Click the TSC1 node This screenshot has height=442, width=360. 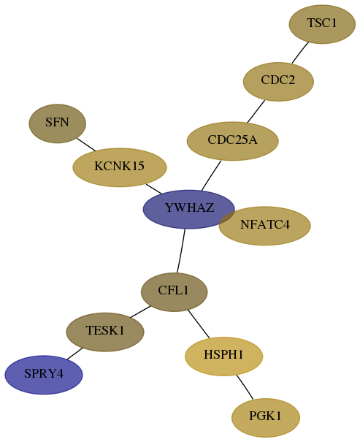tap(322, 24)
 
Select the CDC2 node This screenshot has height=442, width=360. tap(278, 82)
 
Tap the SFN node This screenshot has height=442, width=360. tap(58, 123)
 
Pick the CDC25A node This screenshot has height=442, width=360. tap(233, 141)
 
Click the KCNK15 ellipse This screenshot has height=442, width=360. tap(120, 167)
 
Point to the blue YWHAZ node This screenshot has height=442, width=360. tap(188, 209)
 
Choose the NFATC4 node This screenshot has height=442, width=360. tap(265, 226)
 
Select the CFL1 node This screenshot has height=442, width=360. tap(174, 292)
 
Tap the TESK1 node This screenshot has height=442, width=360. tap(105, 332)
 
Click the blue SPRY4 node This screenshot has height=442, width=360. tap(44, 375)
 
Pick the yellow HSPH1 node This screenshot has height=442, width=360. tap(223, 357)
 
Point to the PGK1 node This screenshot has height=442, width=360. tap(266, 417)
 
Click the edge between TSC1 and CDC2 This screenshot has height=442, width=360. tap(300, 53)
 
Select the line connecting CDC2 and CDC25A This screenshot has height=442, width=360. tap(256, 111)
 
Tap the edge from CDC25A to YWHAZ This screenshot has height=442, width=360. tap(211, 175)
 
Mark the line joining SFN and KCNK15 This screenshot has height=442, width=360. tap(86, 145)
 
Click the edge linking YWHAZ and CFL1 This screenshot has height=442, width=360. tap(181, 251)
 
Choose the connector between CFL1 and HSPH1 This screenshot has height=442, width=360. tap(199, 324)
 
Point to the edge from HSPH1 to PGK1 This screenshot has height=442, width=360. tap(245, 387)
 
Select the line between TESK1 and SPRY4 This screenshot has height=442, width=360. tap(74, 354)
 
